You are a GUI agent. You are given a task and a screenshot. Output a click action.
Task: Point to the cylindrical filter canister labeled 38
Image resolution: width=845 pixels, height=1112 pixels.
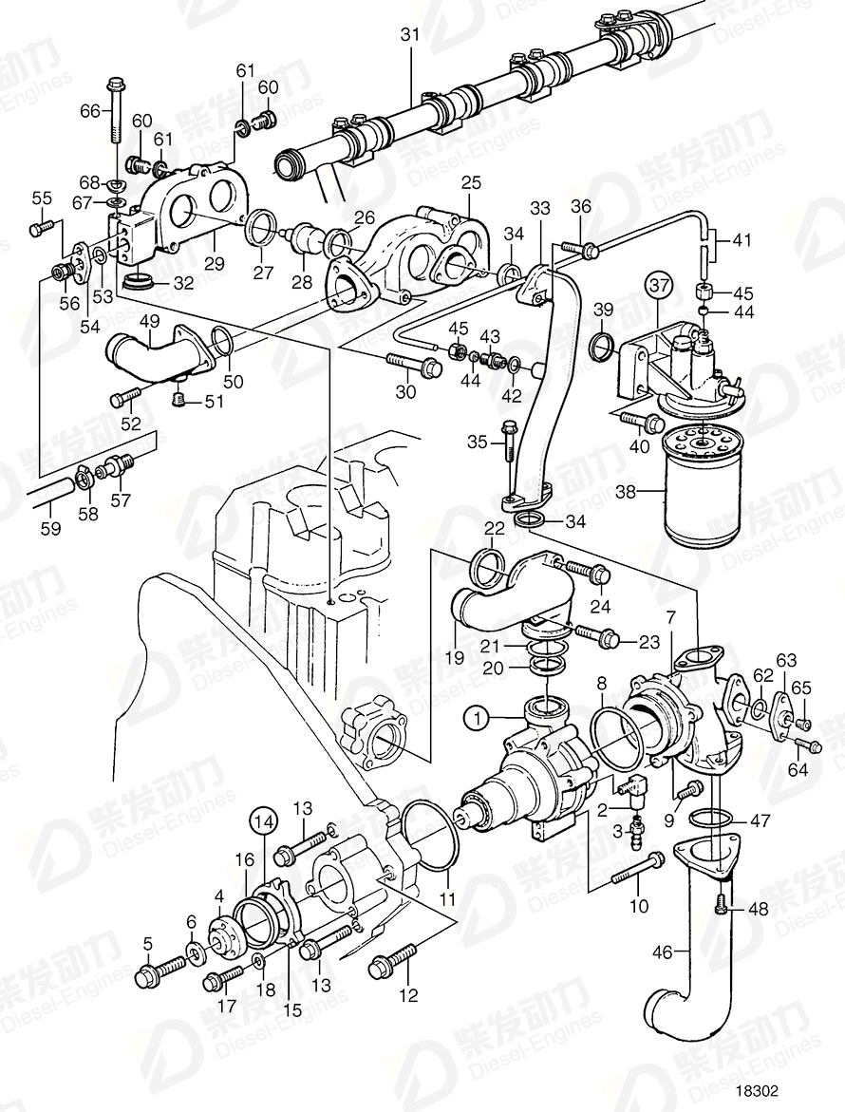[x=704, y=493]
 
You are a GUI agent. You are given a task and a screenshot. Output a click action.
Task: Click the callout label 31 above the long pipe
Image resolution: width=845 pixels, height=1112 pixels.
[x=409, y=34]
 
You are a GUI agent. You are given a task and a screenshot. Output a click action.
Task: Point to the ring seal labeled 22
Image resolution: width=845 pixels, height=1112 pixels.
[x=491, y=568]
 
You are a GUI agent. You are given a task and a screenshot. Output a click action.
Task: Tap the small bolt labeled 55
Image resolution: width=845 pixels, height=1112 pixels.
[x=41, y=227]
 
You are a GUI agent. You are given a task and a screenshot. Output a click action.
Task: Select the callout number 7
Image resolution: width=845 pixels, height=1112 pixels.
[x=670, y=618]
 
